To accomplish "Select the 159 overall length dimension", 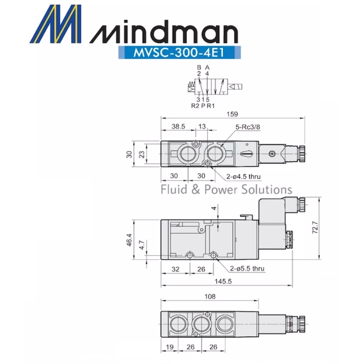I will pyautogui.click(x=232, y=114).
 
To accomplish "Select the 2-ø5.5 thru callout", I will pyautogui.click(x=247, y=268).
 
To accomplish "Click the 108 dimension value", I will pyautogui.click(x=209, y=296).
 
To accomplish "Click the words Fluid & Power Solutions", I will pyautogui.click(x=226, y=189).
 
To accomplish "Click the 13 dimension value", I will pyautogui.click(x=201, y=127).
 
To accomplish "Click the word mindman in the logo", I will pyautogui.click(x=165, y=33).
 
